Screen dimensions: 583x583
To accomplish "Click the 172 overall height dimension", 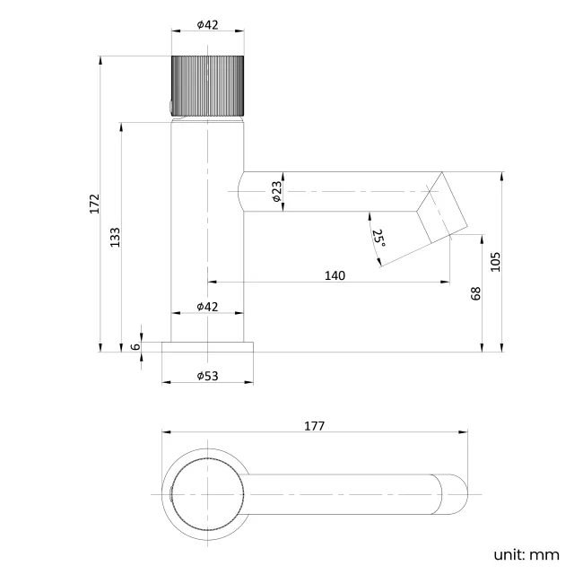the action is tap(95, 204).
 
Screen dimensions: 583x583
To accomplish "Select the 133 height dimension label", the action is tap(116, 237).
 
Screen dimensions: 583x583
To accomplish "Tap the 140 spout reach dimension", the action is tap(335, 276).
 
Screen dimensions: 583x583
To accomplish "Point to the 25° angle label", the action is tap(379, 238).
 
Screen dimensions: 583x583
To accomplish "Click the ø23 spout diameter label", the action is tap(277, 191).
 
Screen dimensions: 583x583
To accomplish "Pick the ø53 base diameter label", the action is tap(207, 376).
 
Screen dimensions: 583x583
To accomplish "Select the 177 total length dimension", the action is tap(315, 426).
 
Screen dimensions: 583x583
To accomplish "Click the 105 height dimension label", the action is tap(495, 262).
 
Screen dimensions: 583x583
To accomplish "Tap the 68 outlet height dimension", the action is tap(476, 293).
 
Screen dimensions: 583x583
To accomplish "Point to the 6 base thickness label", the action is tap(136, 346).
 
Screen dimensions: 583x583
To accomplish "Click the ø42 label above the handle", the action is tap(207, 25).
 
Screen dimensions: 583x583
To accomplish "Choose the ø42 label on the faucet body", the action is tap(207, 307).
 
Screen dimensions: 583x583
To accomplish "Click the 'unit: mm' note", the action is tap(526, 555).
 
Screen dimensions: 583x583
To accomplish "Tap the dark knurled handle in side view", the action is tap(207, 85).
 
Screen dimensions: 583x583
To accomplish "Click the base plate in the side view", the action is tap(207, 347).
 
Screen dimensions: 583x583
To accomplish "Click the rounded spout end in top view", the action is tap(455, 494).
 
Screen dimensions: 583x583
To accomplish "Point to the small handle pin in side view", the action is tap(170, 108).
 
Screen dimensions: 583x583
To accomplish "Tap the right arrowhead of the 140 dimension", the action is tap(445, 283).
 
